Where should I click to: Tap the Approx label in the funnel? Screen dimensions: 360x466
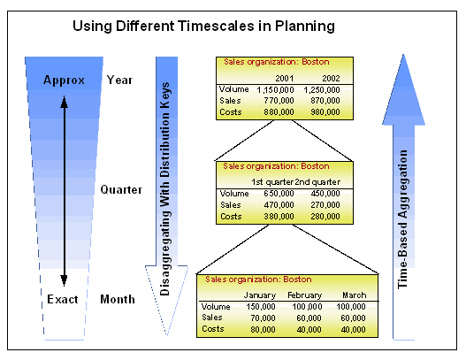(64, 80)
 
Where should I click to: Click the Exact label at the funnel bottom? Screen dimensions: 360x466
(63, 300)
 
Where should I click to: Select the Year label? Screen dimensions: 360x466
(119, 80)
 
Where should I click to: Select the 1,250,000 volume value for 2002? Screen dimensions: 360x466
(321, 89)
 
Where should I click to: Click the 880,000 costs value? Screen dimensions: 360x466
(276, 111)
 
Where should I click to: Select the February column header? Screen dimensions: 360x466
(304, 295)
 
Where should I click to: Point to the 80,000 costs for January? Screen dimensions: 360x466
(263, 329)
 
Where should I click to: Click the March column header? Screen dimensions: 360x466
(350, 295)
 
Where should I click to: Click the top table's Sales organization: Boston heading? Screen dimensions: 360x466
(264, 63)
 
